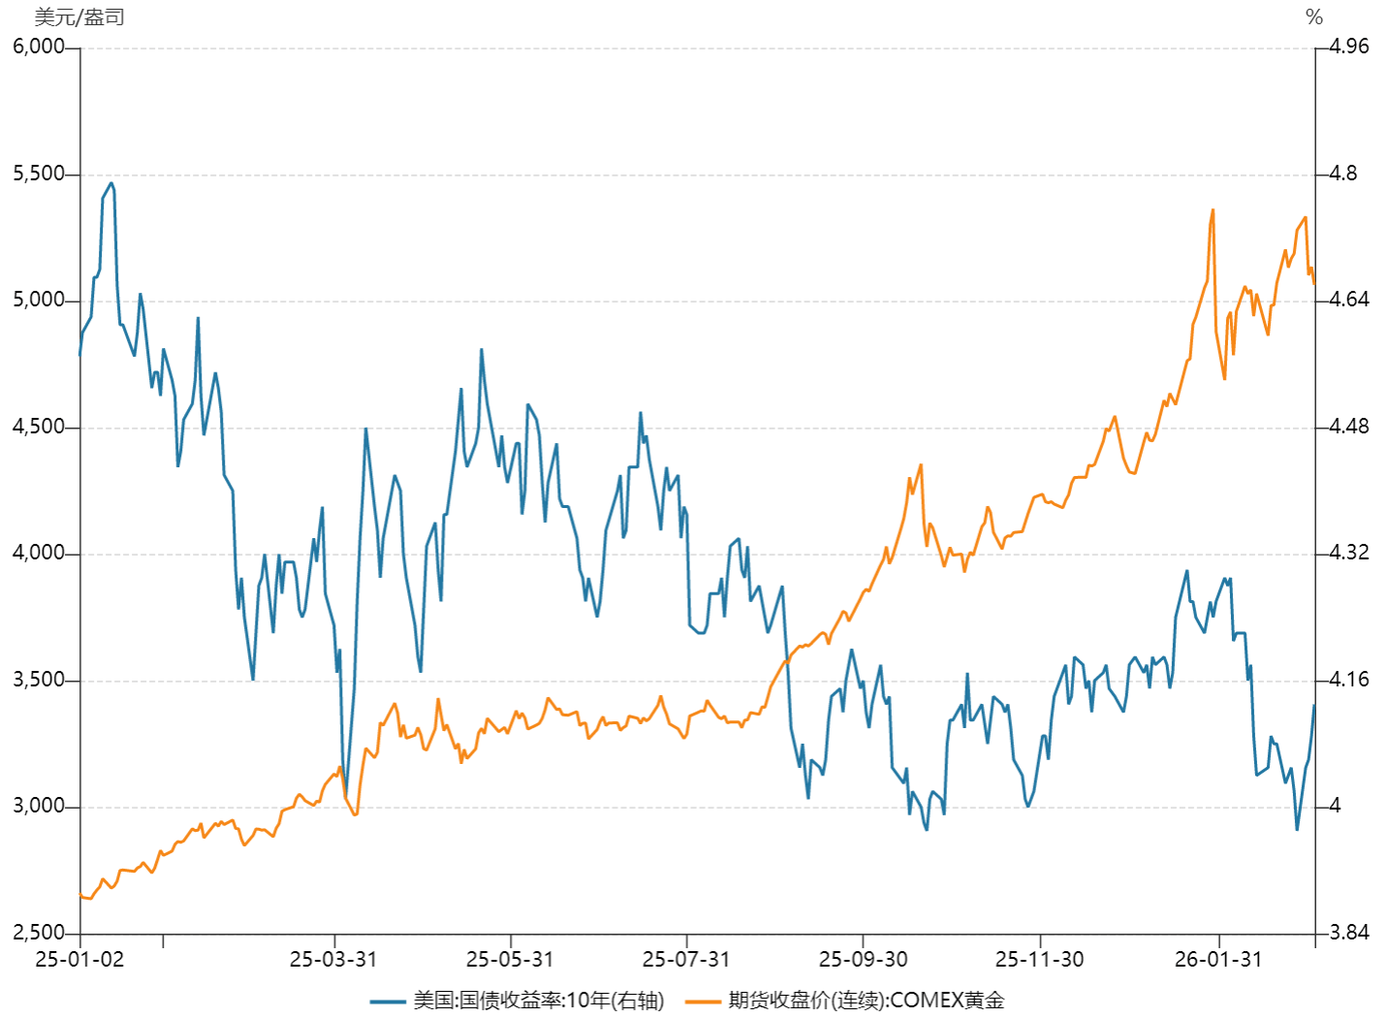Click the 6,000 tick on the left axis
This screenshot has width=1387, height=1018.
pyautogui.click(x=39, y=47)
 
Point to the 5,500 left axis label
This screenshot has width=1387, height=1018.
pyautogui.click(x=39, y=174)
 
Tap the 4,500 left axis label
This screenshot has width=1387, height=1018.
pyautogui.click(x=39, y=427)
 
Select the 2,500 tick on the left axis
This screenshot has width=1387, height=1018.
pyautogui.click(x=39, y=933)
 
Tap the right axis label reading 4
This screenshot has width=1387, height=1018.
pyautogui.click(x=1336, y=806)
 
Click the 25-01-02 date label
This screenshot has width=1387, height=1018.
pyautogui.click(x=79, y=959)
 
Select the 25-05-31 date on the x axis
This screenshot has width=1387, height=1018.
pyautogui.click(x=510, y=959)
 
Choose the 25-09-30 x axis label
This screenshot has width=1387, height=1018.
pyautogui.click(x=863, y=959)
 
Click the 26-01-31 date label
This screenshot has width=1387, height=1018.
pyautogui.click(x=1218, y=959)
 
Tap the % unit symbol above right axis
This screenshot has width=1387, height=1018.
pyautogui.click(x=1314, y=16)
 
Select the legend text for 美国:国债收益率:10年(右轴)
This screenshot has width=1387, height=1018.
pyautogui.click(x=538, y=1001)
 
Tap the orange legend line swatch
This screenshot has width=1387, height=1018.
pyautogui.click(x=704, y=1001)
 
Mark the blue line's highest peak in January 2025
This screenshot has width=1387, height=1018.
pyautogui.click(x=111, y=182)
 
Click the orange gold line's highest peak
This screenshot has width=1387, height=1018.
pyautogui.click(x=1213, y=209)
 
